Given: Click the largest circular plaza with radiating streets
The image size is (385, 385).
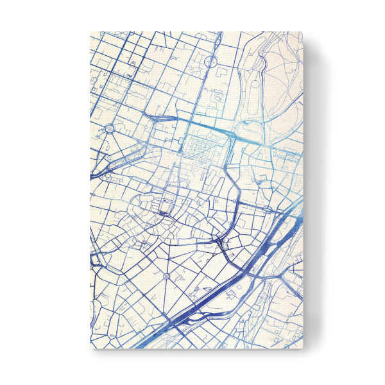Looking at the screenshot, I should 108,129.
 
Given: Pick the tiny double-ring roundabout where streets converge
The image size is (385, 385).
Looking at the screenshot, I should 167,276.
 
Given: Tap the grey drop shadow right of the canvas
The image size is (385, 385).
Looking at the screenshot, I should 314,193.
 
